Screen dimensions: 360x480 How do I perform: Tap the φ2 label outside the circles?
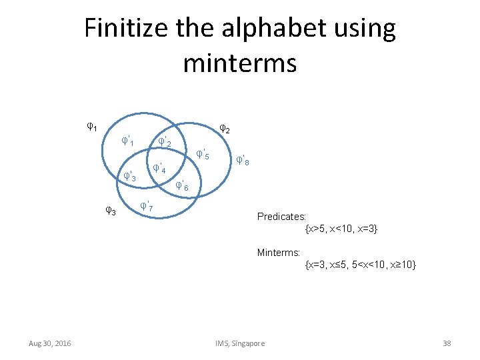225,129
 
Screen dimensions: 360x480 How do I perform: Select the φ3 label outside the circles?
111,211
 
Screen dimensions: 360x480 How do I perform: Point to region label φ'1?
128,141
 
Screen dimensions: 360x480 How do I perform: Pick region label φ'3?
130,177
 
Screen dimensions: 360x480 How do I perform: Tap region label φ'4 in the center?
159,168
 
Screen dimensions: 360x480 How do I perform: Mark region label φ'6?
182,186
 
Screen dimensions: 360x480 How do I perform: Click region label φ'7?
147,207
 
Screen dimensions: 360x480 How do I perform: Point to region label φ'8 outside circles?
243,161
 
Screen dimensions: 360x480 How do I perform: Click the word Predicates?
281,217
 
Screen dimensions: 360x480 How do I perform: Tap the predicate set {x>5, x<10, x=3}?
341,229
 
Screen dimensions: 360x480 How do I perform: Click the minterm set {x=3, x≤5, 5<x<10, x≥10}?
360,265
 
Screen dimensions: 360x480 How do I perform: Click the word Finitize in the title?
125,29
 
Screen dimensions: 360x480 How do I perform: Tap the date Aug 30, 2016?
50,343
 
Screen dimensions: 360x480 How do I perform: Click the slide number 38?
447,343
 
